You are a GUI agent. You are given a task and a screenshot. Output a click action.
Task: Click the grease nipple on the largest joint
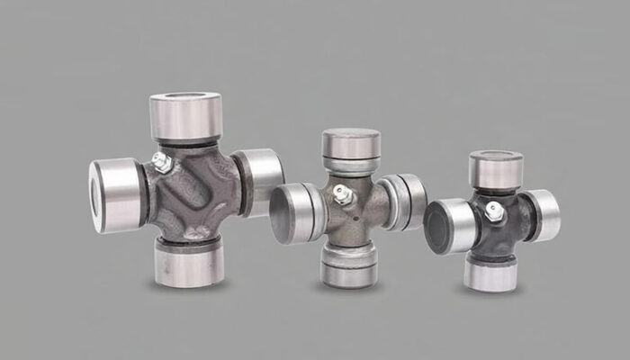tap(161, 163)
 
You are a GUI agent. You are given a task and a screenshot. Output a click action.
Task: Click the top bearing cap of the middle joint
tap(350, 144)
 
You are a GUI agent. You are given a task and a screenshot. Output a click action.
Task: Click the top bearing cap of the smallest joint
tap(495, 168)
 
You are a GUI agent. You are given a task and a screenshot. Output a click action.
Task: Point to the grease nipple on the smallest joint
tap(493, 211)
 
